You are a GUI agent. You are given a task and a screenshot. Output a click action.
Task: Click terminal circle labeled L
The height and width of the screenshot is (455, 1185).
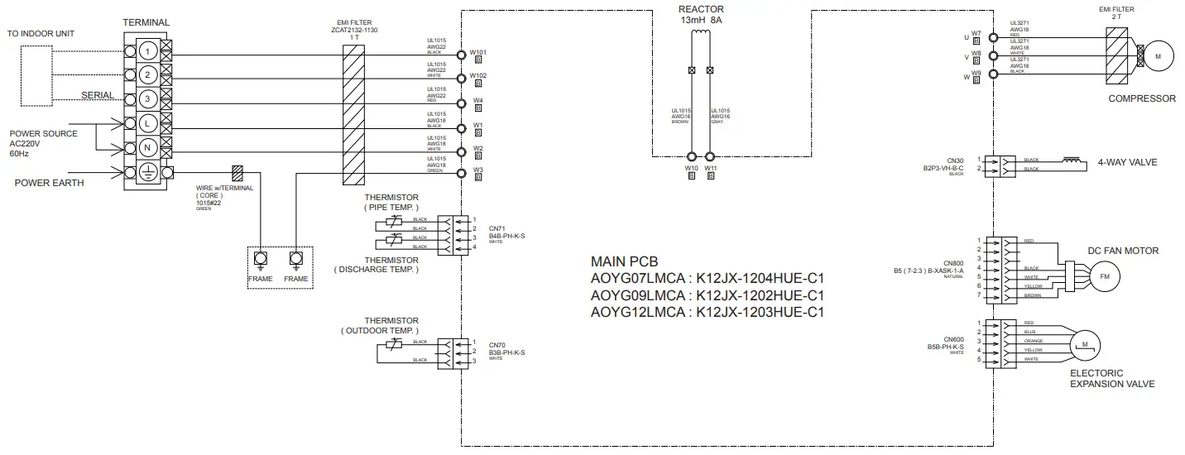click(146, 122)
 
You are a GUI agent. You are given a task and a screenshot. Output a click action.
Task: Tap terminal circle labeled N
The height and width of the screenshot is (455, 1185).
click(146, 147)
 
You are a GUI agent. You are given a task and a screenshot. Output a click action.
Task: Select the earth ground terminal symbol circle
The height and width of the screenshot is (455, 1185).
click(146, 173)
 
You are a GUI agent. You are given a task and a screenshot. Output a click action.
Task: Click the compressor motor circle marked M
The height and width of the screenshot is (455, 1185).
click(1159, 55)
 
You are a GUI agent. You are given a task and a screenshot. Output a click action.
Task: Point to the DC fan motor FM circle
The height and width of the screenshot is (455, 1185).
click(1102, 276)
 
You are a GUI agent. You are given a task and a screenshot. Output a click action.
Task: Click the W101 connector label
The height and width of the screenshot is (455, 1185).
click(478, 52)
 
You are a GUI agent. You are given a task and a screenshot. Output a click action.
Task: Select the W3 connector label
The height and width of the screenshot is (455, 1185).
click(478, 170)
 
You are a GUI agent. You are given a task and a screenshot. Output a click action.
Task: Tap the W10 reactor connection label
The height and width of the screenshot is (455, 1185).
click(691, 168)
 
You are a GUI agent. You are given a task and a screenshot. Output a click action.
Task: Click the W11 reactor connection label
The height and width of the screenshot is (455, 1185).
click(710, 168)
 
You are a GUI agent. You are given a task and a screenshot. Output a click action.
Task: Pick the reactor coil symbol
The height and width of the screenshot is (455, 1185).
click(701, 35)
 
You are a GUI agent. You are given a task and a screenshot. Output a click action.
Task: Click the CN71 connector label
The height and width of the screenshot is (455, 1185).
click(497, 228)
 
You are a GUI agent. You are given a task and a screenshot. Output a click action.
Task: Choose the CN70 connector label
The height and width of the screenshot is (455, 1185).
click(497, 345)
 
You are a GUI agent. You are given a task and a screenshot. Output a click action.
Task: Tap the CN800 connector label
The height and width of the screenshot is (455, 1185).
click(954, 262)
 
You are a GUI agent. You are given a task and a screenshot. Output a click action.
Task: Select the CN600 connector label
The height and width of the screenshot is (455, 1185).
click(954, 339)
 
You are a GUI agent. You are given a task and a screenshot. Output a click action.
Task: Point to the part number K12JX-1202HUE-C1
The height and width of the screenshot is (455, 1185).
click(760, 295)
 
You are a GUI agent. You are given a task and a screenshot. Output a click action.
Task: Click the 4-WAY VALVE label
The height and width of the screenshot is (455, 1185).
click(1127, 162)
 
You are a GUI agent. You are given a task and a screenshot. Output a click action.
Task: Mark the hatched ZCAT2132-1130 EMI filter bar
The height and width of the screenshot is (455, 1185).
click(353, 108)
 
